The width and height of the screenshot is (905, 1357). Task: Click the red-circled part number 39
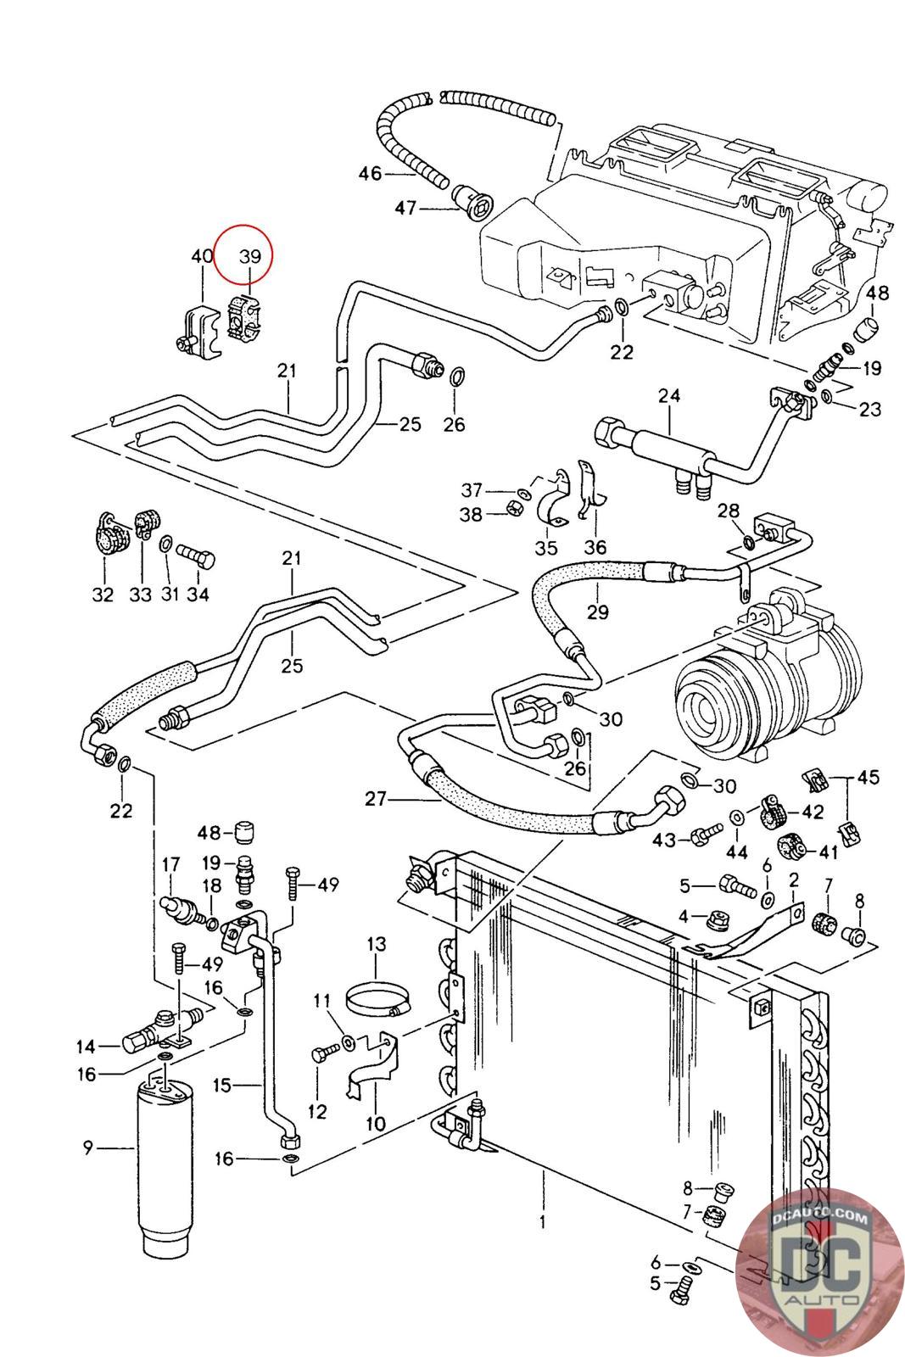click(249, 256)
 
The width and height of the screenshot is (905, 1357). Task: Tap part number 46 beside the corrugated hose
click(371, 174)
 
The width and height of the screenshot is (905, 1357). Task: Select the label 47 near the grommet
click(407, 207)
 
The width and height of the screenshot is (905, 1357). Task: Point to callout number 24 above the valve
click(669, 396)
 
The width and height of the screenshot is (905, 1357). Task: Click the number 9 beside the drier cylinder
click(87, 1148)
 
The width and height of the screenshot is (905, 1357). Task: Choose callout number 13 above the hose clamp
click(377, 943)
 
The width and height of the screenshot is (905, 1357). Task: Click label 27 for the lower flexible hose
click(377, 798)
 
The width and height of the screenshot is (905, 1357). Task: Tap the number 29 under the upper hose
click(598, 611)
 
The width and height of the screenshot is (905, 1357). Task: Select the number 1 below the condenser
click(542, 1222)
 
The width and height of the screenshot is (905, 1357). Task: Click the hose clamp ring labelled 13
click(378, 997)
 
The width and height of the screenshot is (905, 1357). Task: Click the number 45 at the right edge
click(868, 777)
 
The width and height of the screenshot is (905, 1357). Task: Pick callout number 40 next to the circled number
click(202, 256)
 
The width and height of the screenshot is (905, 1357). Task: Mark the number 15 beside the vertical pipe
click(222, 1085)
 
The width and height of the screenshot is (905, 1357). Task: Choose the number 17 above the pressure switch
click(171, 865)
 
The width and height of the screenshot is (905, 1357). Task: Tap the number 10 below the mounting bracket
click(375, 1124)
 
